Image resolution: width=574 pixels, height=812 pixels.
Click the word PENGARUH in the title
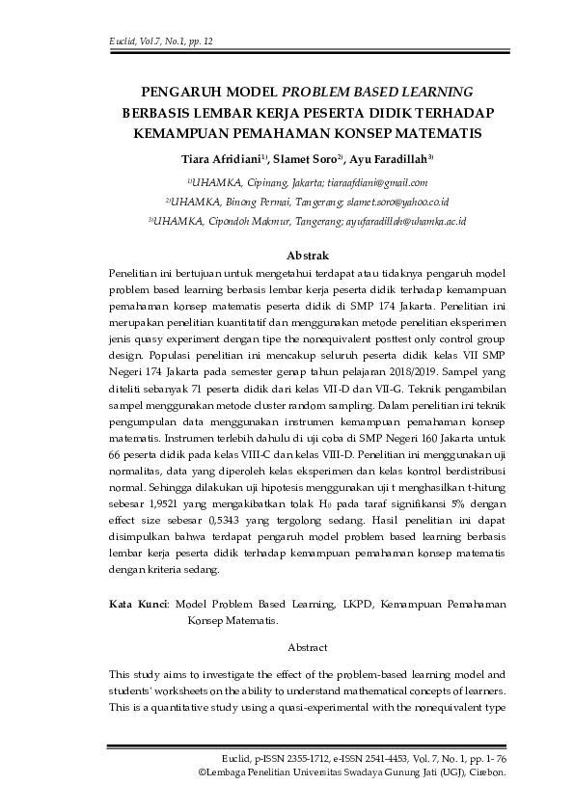(176, 93)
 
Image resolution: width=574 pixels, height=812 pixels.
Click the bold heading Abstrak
(309, 256)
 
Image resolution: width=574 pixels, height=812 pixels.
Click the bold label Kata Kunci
(138, 605)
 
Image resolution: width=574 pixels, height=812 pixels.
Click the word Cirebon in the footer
(485, 773)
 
